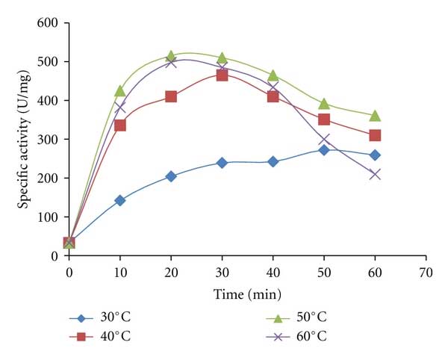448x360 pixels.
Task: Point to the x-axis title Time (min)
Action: (x=247, y=294)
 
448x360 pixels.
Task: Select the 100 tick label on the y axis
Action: (x=49, y=217)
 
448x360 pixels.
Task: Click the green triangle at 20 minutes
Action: (x=171, y=56)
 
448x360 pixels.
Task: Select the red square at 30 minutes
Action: (x=222, y=75)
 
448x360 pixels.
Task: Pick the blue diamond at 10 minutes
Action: (x=119, y=200)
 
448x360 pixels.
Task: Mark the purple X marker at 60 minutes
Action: (x=375, y=174)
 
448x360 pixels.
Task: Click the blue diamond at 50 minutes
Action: (x=324, y=149)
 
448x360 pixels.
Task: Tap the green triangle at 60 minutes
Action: (x=375, y=116)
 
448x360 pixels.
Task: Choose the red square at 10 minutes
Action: (x=119, y=125)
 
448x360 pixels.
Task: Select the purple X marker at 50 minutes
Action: (x=324, y=140)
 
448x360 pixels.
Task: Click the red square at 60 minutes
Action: (x=375, y=135)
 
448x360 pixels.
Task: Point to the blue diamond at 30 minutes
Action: (x=222, y=162)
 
